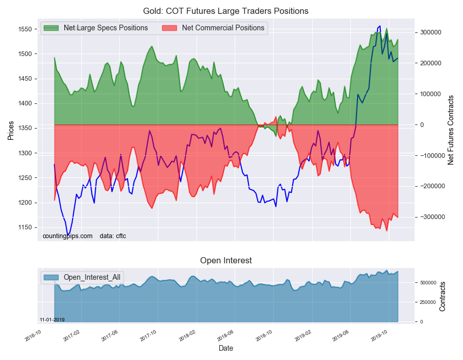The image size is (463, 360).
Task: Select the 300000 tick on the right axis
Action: (x=431, y=32)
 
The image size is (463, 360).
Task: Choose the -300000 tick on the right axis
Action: (x=432, y=218)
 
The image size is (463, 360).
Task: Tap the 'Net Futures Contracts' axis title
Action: (x=451, y=130)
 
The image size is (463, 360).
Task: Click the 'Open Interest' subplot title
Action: (x=226, y=261)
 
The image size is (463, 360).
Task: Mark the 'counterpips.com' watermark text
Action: (x=67, y=236)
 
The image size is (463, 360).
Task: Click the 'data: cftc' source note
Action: (x=113, y=236)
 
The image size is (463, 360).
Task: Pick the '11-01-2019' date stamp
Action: (x=52, y=319)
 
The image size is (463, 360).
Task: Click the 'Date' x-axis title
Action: (x=225, y=348)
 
